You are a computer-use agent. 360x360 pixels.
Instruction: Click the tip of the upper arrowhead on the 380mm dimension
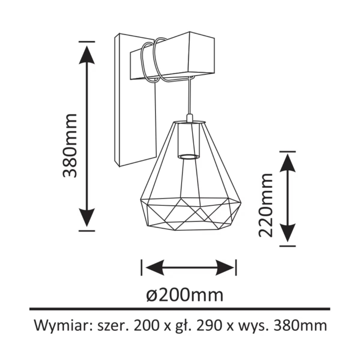pos(87,46)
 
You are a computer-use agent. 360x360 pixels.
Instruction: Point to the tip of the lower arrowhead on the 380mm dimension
pos(87,227)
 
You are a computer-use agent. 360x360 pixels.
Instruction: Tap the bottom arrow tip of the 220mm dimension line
pos(287,243)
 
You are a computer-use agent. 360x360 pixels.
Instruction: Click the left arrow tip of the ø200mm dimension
pos(146,268)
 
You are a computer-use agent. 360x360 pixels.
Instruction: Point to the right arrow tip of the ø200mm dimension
pos(234,268)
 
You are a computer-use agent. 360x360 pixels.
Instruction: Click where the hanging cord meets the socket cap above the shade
pos(190,114)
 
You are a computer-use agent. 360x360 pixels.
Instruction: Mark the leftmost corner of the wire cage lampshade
pos(140,200)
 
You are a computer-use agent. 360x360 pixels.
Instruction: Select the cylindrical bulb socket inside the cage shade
pos(189,141)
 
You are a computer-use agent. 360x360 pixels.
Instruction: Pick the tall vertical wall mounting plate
pos(135,100)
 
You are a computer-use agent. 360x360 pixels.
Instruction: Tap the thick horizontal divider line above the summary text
pos(180,309)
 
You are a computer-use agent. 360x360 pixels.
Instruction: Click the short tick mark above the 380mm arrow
pos(87,41)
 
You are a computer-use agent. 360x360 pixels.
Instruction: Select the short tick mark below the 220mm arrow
pos(287,246)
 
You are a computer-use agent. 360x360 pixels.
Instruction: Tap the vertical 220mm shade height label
pos(265,205)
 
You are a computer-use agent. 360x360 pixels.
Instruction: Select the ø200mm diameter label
pos(185,295)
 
